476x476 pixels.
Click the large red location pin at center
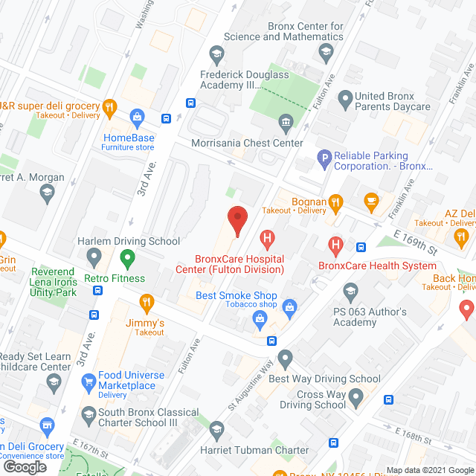(237, 220)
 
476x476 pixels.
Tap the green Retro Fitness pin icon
(126, 259)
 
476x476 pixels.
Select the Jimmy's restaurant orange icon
(147, 301)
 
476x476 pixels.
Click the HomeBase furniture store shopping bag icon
(137, 116)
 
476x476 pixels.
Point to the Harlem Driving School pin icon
(94, 258)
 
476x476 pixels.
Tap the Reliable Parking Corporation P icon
(324, 157)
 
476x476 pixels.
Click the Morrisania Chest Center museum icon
(284, 122)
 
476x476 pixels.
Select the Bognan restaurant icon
(336, 201)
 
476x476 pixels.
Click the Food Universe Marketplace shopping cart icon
(89, 383)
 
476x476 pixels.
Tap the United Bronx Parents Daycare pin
(344, 97)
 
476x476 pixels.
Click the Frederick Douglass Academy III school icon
(216, 53)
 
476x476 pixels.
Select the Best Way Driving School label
(324, 379)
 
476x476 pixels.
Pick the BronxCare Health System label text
(377, 266)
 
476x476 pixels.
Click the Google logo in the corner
(24, 466)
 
